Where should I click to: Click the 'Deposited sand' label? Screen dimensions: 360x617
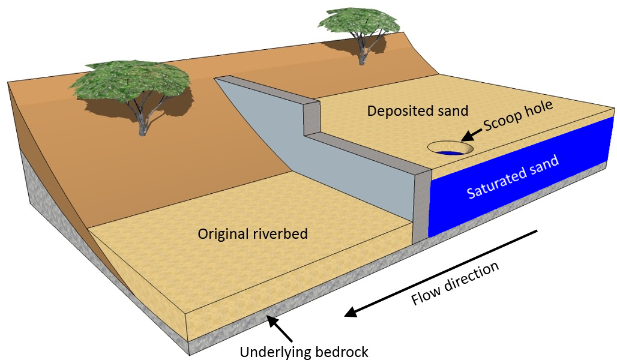[x=418, y=111]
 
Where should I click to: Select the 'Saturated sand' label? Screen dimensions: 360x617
[x=513, y=177]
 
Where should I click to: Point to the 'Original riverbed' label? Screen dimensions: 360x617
[x=253, y=233]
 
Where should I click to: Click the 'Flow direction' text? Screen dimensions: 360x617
[x=456, y=283]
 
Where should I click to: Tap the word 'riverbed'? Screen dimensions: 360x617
[x=282, y=233]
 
